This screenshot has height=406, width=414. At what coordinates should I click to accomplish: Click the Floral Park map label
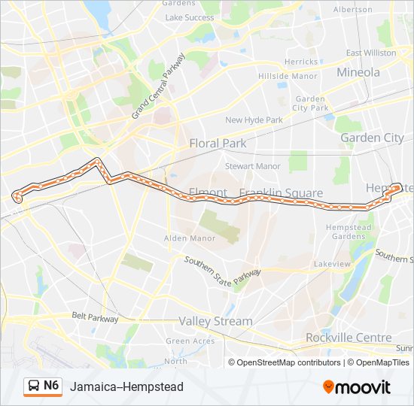[x=218, y=143]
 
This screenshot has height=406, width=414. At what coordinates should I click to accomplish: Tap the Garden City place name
[x=372, y=138]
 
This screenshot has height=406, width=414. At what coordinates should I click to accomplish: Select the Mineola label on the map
[x=358, y=73]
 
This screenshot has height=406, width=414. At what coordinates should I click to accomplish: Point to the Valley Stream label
[x=215, y=321]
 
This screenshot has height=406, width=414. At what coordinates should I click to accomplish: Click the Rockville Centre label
[x=349, y=338]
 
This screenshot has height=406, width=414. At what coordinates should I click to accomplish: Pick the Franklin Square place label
[x=281, y=193]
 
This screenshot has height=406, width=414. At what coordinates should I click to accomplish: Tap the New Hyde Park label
[x=254, y=120]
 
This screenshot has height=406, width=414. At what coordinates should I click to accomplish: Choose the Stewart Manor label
[x=253, y=166]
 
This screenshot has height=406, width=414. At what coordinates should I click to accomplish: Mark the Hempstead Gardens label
[x=349, y=231]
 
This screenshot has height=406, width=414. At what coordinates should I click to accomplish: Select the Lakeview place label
[x=332, y=264]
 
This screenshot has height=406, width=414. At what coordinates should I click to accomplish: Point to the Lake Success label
[x=189, y=17]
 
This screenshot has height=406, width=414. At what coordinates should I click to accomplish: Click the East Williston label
[x=371, y=53]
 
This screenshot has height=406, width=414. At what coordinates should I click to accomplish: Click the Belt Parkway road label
[x=96, y=319]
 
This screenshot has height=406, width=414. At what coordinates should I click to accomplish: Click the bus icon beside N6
[x=34, y=386]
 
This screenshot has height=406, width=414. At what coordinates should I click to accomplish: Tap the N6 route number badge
[x=51, y=386]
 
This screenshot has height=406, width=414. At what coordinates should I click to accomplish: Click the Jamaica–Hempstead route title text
[x=126, y=386]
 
